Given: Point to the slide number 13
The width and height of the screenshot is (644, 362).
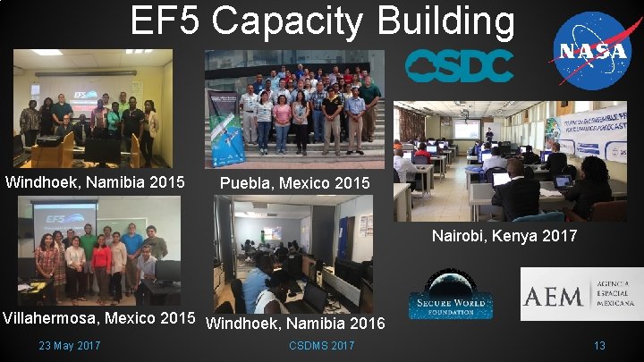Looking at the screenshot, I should tap(599, 346).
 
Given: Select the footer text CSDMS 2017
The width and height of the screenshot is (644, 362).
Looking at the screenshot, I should tap(322, 346).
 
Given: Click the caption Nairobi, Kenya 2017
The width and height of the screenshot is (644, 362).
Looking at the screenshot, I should tap(504, 237).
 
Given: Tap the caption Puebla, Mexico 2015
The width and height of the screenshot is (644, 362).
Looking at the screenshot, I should tap(294, 183).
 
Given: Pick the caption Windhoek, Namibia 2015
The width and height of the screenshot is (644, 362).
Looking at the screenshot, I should tap(95, 182).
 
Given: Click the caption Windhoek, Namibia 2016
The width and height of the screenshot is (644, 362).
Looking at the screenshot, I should tap(295, 322).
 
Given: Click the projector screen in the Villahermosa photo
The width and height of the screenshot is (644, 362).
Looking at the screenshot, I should tap(64, 217).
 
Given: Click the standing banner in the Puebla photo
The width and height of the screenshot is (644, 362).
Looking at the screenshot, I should tap(225, 125).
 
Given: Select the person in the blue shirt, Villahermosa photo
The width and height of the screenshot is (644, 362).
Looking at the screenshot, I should tap(132, 241).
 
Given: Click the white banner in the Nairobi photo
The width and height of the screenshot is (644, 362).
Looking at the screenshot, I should tap(586, 131).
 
